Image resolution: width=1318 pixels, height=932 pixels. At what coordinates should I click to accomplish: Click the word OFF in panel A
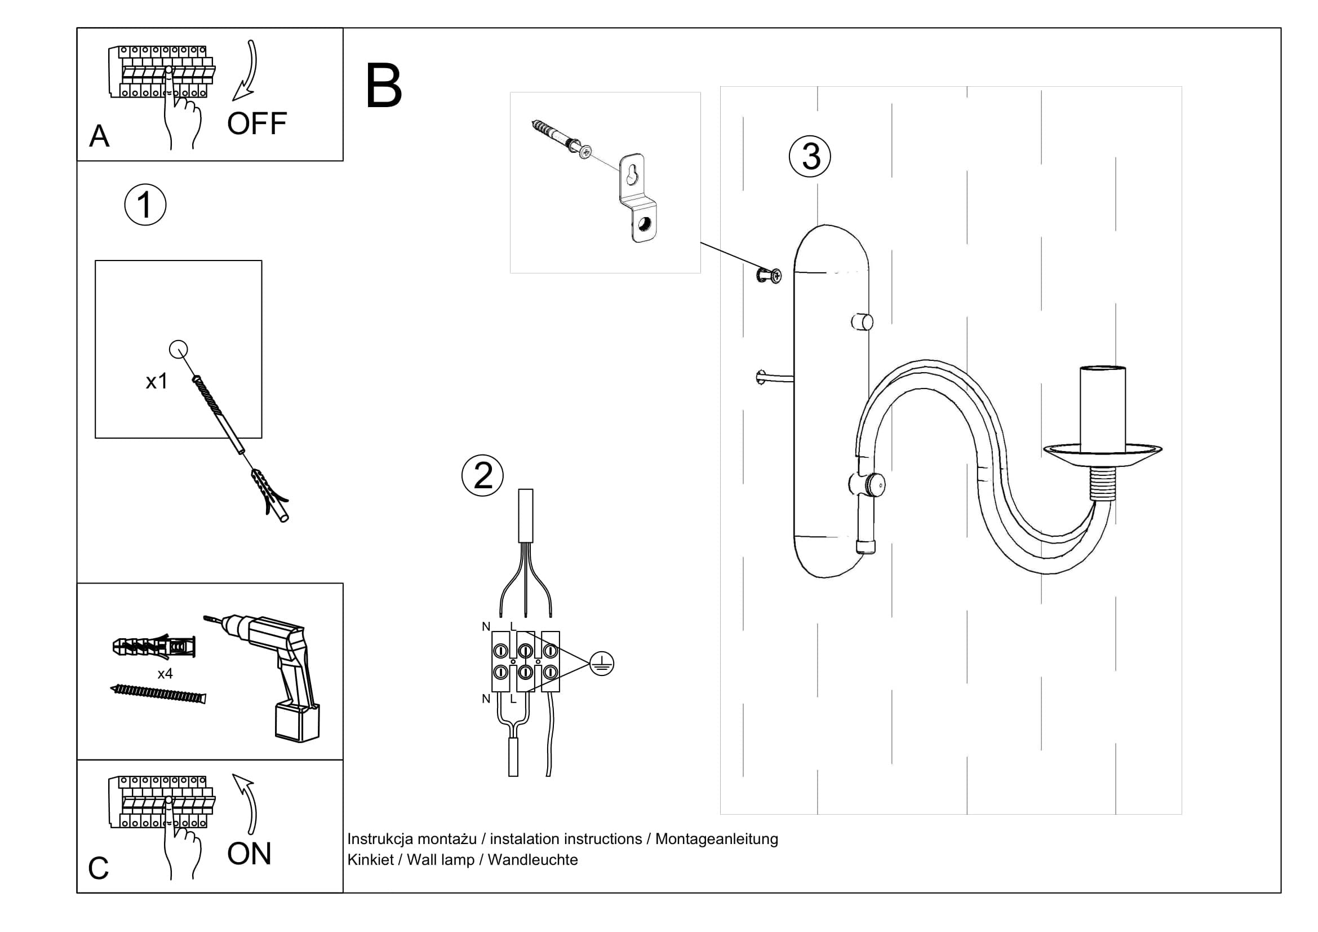tap(256, 123)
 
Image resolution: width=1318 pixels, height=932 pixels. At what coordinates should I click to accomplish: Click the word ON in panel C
tap(249, 854)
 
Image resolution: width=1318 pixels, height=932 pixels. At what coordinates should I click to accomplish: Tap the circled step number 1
tap(145, 205)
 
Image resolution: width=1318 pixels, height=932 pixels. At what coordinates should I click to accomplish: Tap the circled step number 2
tap(483, 475)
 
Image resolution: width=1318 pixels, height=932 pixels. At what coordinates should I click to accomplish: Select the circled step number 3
tap(810, 156)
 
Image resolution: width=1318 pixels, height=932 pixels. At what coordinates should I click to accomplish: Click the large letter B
tap(384, 87)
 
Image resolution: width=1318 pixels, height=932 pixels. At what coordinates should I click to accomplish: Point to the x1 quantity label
tap(157, 381)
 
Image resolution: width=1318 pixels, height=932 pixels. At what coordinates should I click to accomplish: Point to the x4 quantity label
tap(165, 674)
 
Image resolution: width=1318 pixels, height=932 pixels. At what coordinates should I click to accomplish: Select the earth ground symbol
tap(602, 664)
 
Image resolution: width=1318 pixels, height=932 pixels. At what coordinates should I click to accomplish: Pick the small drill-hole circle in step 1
tap(179, 349)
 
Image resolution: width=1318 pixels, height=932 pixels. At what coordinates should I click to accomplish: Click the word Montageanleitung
tap(716, 839)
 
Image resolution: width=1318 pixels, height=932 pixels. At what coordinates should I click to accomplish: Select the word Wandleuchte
tap(532, 860)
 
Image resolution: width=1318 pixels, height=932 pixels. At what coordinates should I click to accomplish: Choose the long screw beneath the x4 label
tap(158, 694)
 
